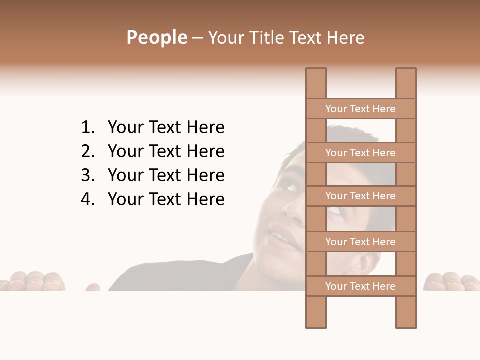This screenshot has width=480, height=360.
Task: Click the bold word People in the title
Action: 156,37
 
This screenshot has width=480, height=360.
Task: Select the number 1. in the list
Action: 88,128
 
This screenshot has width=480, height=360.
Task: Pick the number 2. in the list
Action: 88,152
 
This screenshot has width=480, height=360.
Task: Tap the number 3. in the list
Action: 88,176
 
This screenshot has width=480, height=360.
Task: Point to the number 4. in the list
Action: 88,200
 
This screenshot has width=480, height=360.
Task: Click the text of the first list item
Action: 166,128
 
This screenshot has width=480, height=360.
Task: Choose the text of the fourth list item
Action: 166,200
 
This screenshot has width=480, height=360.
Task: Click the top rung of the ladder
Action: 360,109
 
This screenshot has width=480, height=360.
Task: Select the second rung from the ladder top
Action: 360,153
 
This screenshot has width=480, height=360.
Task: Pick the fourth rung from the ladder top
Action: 360,242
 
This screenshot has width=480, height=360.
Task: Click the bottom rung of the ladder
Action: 360,286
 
